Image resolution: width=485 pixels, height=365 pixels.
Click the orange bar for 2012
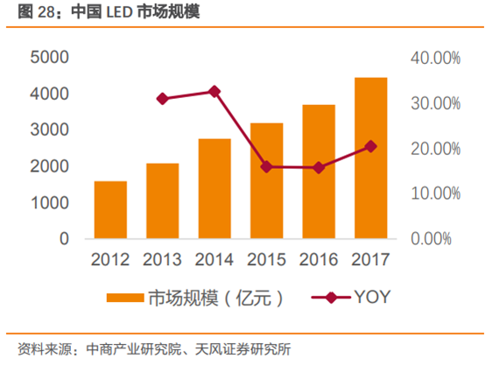click(110, 209)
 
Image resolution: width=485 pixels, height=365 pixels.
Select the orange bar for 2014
click(214, 188)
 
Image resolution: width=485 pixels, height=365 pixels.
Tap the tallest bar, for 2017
click(370, 158)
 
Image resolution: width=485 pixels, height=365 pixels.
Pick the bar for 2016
click(319, 172)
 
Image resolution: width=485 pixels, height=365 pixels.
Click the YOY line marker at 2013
click(162, 99)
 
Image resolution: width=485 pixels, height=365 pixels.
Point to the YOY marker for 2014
click(214, 91)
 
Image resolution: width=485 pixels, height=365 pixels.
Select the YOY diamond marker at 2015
click(266, 166)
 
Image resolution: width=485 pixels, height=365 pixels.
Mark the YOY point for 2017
click(370, 146)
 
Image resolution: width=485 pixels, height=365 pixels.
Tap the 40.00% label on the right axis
click(435, 58)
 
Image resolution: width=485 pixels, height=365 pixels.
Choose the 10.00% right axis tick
click(435, 193)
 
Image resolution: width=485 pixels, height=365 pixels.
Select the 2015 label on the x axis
click(266, 260)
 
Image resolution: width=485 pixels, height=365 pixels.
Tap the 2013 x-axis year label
click(162, 260)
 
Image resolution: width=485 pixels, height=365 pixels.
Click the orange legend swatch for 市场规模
click(125, 297)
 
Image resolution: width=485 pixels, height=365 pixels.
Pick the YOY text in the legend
click(371, 297)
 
